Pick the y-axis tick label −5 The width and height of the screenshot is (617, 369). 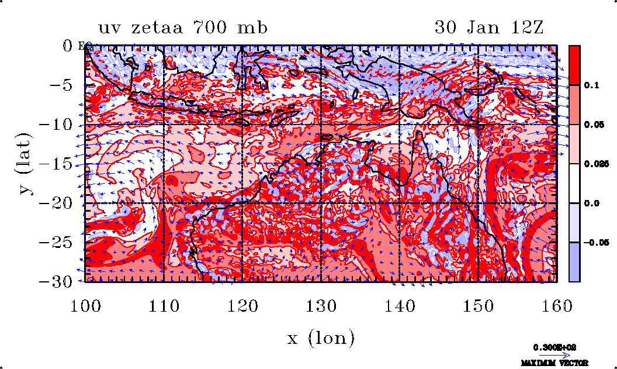pos(58,85)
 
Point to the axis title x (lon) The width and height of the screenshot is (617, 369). pos(321,337)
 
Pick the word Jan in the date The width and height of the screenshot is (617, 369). pos(486,27)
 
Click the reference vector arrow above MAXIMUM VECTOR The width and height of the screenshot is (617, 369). pos(550,354)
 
